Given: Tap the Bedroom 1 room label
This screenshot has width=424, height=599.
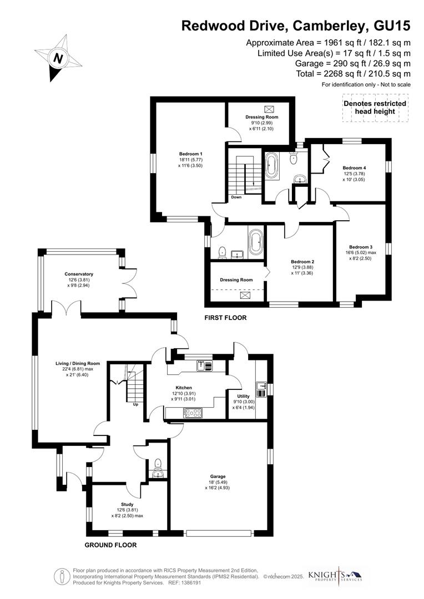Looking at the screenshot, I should (x=190, y=154).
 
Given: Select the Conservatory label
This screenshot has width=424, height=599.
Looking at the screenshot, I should (x=79, y=274).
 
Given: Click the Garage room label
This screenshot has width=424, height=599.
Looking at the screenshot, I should (x=217, y=476).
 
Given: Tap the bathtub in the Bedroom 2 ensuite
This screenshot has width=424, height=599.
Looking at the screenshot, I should (x=255, y=243).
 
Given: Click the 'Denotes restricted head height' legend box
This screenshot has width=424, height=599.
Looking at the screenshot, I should (x=375, y=108).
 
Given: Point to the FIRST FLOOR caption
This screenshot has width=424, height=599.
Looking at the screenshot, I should (x=225, y=318).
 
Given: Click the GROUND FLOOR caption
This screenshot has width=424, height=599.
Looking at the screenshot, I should (x=110, y=545).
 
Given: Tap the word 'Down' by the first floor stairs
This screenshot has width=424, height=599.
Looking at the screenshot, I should (x=236, y=197).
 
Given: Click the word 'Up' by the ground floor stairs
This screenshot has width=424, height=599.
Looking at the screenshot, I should (x=135, y=404).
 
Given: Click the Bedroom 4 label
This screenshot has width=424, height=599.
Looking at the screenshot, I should (x=354, y=167).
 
